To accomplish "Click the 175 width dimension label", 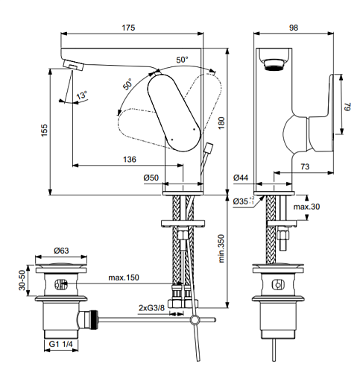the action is coord(128,28).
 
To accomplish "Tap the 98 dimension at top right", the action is coord(294,28).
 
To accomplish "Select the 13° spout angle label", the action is coord(82,95).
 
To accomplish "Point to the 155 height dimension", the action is coord(44,130).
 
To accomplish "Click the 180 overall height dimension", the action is coord(221,123).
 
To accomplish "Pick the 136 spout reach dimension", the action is coord(130,159).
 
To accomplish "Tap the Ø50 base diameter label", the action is coord(151,178).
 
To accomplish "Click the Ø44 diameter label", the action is coord(241,178).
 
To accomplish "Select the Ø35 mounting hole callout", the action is coord(244,201).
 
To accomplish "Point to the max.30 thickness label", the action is coord(306,207).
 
